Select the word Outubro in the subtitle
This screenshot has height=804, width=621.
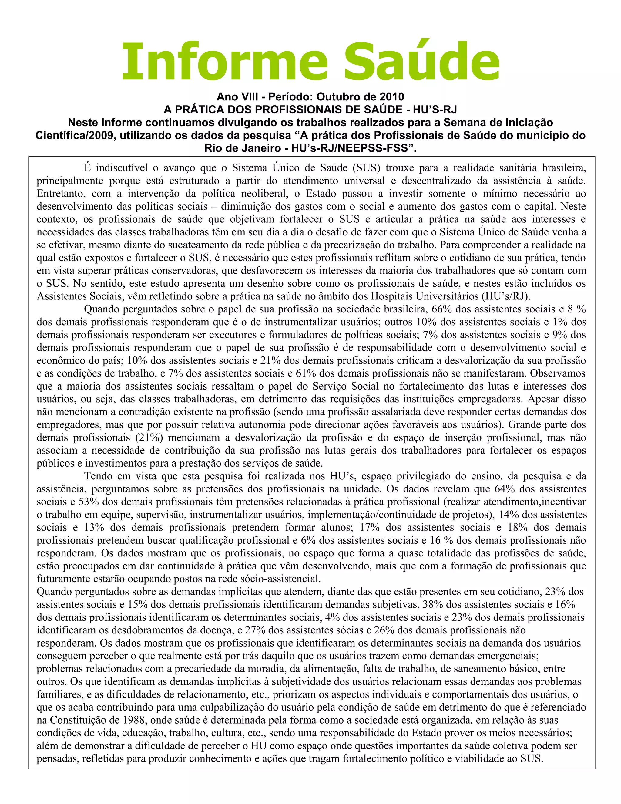(336, 97)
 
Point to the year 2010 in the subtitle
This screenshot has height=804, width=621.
(392, 97)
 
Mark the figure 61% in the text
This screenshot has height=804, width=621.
(306, 373)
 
